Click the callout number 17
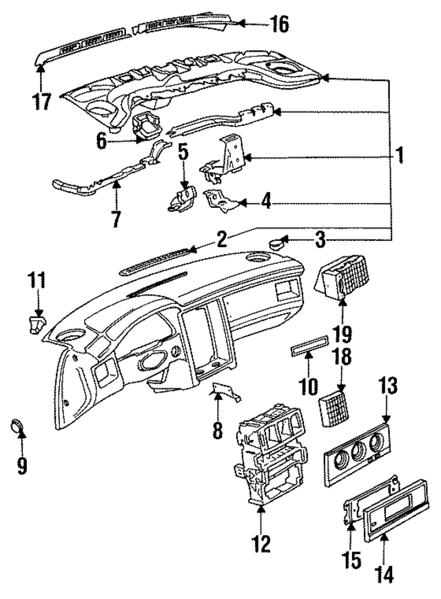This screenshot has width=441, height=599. (x=42, y=101)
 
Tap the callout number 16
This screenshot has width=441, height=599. (x=279, y=24)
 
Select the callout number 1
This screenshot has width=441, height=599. (x=398, y=156)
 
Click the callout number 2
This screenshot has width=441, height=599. (x=221, y=239)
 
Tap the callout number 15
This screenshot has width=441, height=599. (x=353, y=560)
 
